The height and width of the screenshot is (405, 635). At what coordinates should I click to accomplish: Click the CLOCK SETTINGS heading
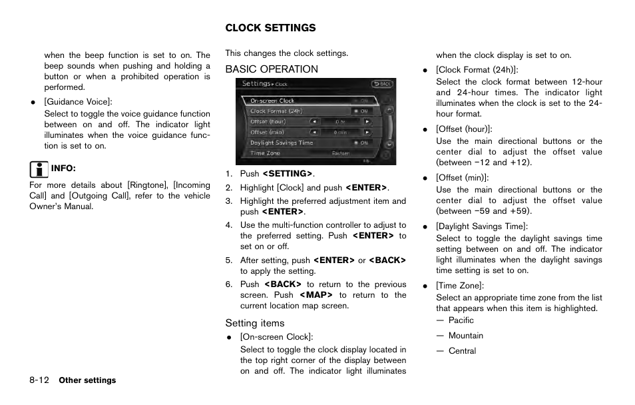click(x=270, y=28)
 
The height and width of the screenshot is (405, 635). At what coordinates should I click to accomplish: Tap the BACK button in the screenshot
click(x=382, y=84)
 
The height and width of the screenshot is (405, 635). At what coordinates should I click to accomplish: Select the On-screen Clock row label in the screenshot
click(x=272, y=101)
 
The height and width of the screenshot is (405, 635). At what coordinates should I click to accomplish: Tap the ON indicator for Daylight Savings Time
click(x=363, y=143)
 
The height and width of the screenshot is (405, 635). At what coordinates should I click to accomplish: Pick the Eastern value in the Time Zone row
click(x=341, y=153)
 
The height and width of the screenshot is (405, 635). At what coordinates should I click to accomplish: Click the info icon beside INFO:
click(x=39, y=168)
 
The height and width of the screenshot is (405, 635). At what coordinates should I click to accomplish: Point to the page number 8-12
click(x=39, y=380)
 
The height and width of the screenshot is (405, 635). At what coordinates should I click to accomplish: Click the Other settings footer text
click(x=87, y=381)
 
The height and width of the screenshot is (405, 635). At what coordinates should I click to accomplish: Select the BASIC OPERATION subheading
click(x=272, y=69)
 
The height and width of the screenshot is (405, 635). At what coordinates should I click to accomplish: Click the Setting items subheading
click(x=254, y=323)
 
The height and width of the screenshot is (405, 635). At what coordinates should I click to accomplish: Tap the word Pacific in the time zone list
click(x=461, y=320)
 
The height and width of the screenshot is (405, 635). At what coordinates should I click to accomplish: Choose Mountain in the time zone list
click(x=465, y=336)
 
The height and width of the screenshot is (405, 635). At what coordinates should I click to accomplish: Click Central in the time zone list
click(x=462, y=351)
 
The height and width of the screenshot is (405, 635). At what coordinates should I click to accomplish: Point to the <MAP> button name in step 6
click(x=316, y=295)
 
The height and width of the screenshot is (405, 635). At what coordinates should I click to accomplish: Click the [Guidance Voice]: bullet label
click(x=78, y=102)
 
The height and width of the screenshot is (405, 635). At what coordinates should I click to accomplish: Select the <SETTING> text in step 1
click(x=287, y=174)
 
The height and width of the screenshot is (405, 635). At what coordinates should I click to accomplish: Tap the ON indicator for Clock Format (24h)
click(x=363, y=111)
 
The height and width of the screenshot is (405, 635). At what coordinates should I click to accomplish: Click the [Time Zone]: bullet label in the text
click(x=459, y=286)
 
